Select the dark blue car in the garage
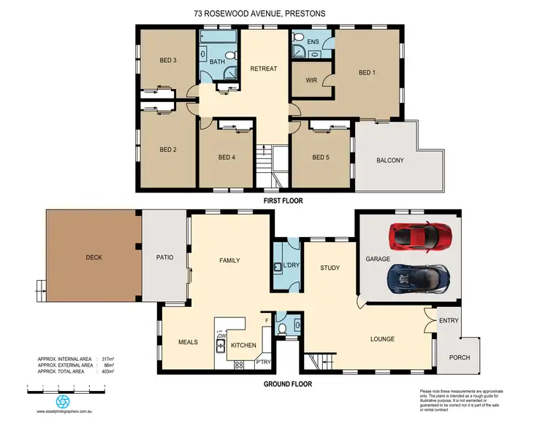tap(419, 277)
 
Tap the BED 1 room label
tap(367, 73)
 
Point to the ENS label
tap(313, 42)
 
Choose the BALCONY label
tap(389, 160)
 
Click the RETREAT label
tap(263, 69)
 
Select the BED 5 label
tap(321, 157)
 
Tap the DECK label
tap(94, 257)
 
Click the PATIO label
tap(164, 257)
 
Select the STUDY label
tap(330, 268)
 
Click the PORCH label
tap(460, 357)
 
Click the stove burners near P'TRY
tap(239, 365)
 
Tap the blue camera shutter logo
tap(63, 402)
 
